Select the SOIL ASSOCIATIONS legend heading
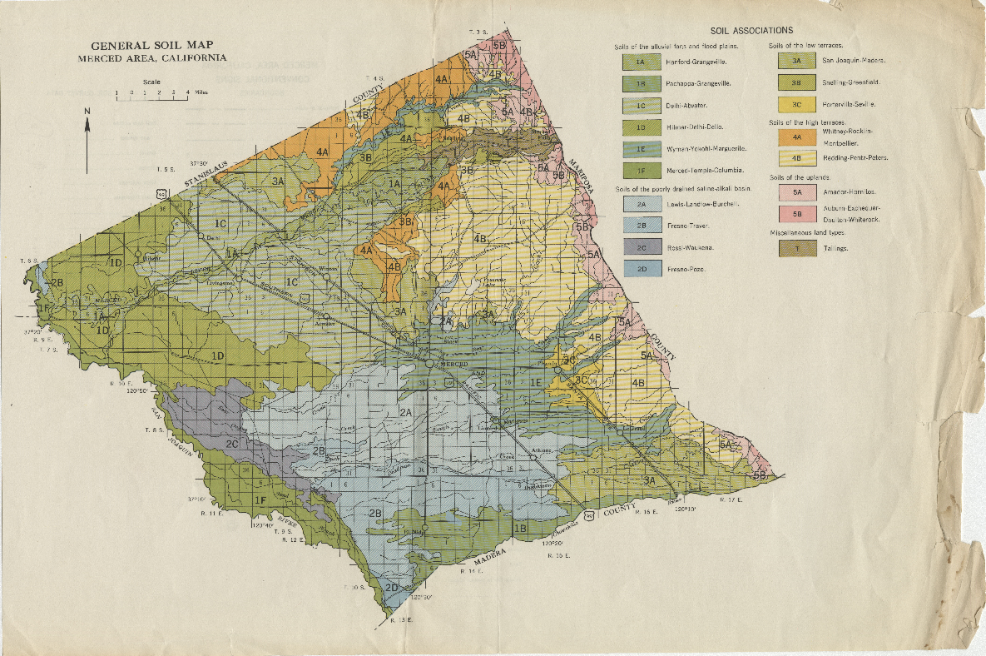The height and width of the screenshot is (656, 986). [751, 31]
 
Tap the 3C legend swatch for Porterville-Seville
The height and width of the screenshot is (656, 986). [795, 104]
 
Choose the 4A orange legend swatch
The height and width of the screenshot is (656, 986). [795, 137]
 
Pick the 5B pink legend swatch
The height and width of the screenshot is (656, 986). [795, 213]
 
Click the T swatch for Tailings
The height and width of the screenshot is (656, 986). [795, 248]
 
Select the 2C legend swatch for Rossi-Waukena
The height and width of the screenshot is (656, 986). [639, 247]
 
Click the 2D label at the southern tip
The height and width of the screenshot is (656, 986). [393, 588]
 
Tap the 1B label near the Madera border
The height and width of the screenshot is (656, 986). [521, 528]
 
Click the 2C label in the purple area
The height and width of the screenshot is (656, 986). [233, 444]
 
